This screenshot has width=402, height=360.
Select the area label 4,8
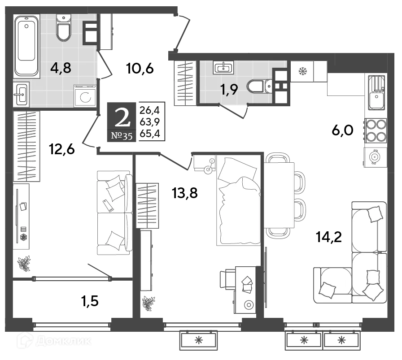[61, 68]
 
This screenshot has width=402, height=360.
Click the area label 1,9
[228, 89]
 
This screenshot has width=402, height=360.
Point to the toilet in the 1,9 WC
[259, 85]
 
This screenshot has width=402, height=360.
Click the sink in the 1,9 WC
[223, 68]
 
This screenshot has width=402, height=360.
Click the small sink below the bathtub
[22, 94]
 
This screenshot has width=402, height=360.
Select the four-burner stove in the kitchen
[375, 130]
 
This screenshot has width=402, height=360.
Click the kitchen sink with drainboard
[376, 92]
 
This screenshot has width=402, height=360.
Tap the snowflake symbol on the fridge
[302, 71]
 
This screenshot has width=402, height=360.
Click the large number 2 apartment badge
[122, 117]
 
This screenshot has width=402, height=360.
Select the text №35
[121, 136]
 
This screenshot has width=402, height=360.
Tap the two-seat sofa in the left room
[114, 213]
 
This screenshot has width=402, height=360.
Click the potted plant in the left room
[24, 263]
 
